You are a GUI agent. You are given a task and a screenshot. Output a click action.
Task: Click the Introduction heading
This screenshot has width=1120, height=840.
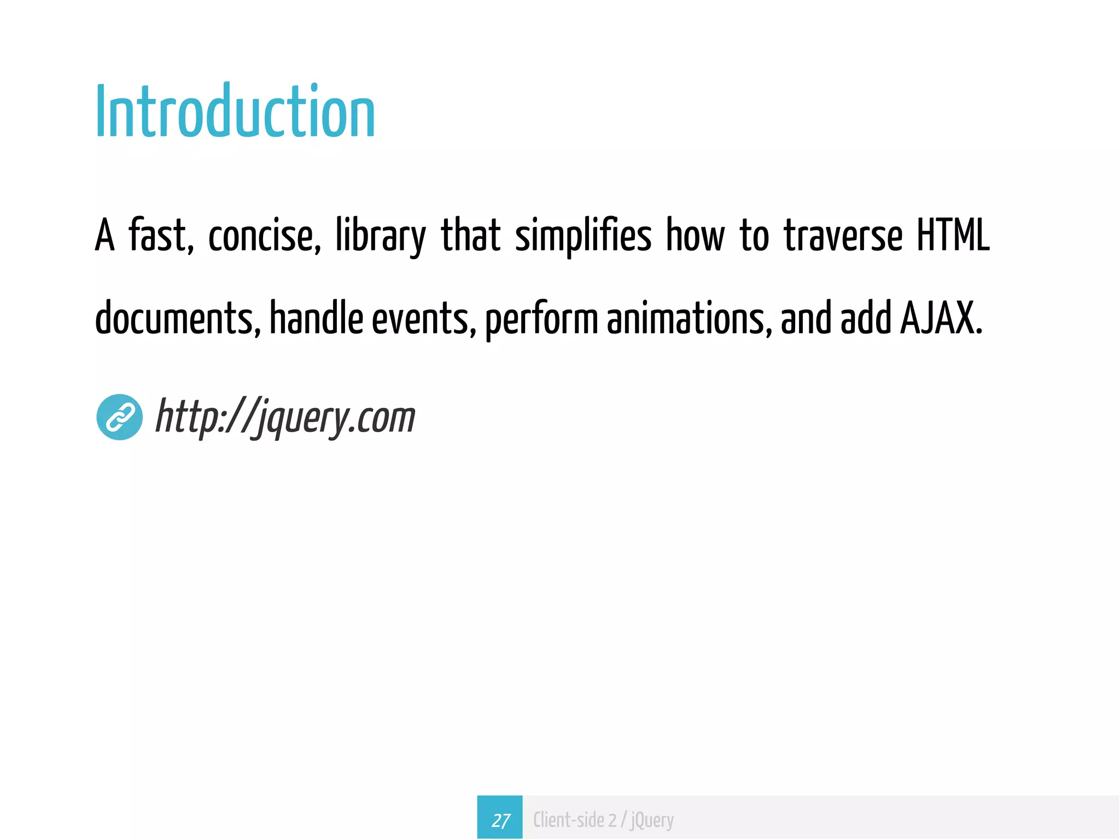click(235, 112)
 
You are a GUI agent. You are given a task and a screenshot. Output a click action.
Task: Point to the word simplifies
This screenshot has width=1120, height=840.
click(583, 235)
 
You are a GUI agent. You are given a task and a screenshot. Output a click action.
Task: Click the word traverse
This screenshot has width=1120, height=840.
click(843, 235)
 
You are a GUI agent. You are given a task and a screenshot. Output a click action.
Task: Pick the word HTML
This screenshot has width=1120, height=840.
click(953, 235)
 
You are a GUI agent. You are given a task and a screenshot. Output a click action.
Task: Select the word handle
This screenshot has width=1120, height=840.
click(316, 318)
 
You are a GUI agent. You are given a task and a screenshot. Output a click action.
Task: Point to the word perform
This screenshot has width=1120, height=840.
click(541, 319)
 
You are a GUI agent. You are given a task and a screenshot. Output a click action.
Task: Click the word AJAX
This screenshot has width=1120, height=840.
click(941, 318)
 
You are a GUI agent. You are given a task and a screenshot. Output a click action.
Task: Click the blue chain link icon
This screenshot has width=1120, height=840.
click(120, 417)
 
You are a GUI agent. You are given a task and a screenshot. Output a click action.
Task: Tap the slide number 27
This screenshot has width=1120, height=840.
click(500, 819)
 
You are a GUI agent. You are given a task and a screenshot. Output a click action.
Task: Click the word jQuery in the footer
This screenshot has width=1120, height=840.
click(652, 820)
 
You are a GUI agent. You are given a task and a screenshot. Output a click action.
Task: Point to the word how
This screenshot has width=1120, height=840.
click(695, 235)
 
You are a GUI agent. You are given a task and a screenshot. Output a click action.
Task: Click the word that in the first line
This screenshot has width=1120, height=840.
click(470, 235)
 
